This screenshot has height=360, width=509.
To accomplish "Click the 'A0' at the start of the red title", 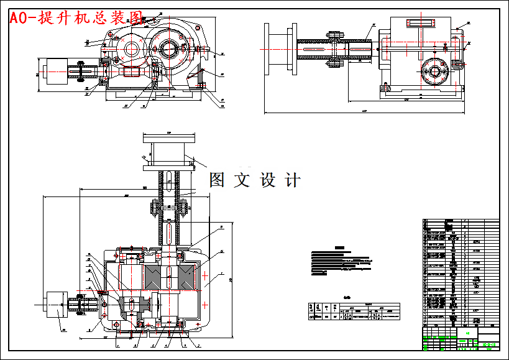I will (19, 17).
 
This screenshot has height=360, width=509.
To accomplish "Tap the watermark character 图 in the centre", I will (217, 180).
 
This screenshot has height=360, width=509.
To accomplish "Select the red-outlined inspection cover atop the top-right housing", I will (421, 23).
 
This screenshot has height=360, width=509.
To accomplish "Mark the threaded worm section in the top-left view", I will (134, 72).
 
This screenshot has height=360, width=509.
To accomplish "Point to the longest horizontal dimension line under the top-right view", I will (364, 113).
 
